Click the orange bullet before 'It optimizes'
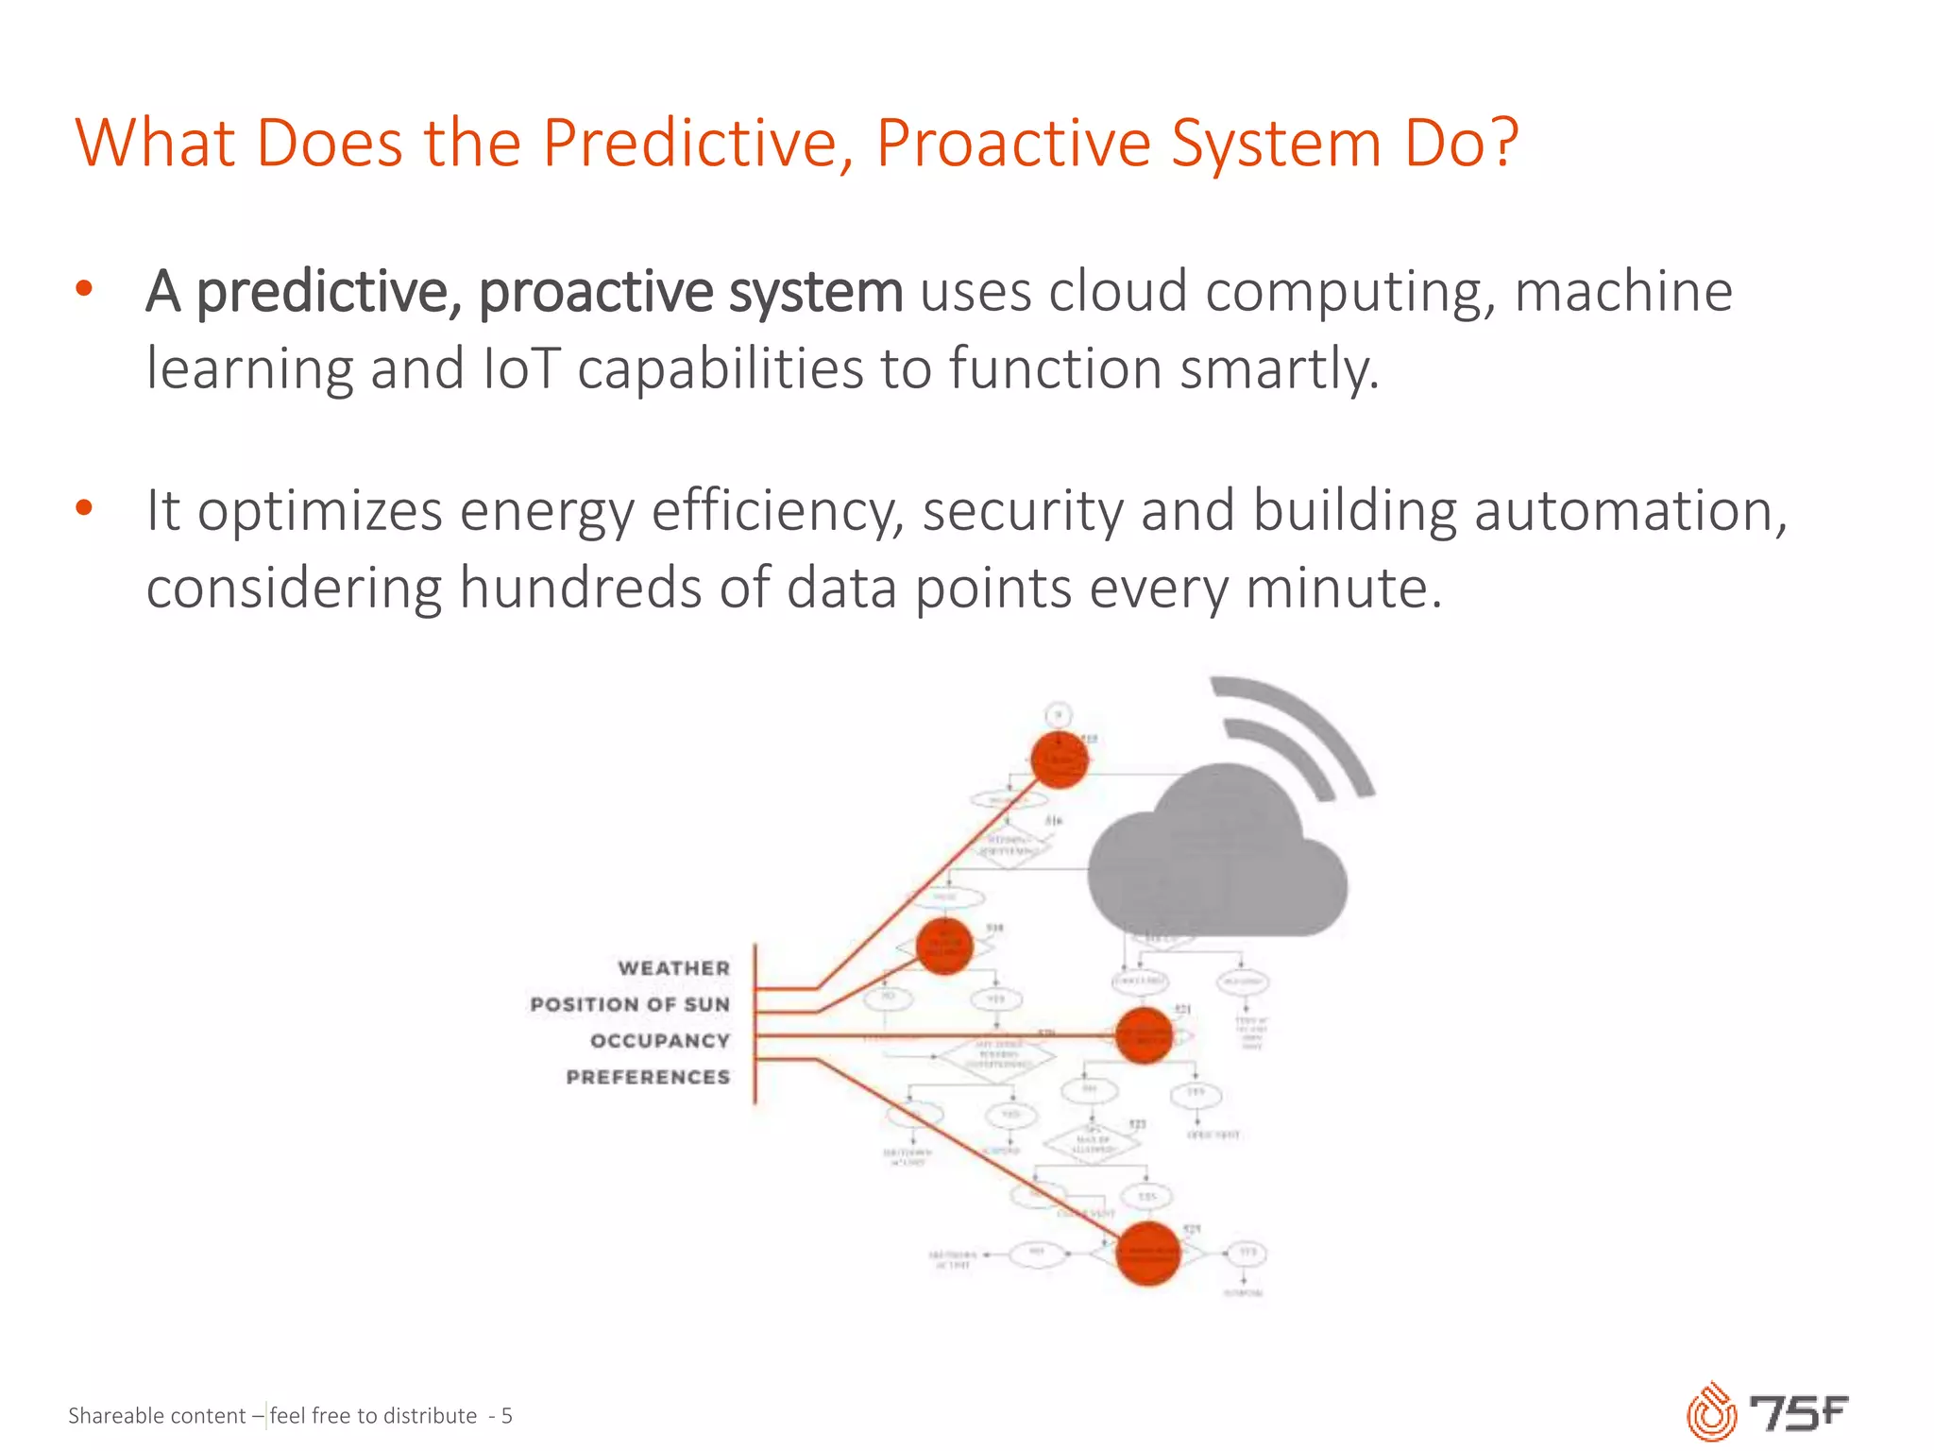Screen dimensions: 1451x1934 coord(84,508)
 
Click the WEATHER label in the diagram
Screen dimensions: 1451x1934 coord(673,968)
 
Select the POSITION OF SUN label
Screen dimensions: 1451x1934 coord(630,1004)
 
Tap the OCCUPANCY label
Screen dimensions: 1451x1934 coord(659,1041)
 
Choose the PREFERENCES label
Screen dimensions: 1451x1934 coord(648,1077)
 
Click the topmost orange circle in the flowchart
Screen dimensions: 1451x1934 coord(1060,760)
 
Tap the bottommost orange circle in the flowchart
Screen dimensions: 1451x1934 coord(1147,1254)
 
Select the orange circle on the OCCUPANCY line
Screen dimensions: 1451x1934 coord(1144,1035)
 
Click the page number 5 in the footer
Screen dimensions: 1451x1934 coord(506,1415)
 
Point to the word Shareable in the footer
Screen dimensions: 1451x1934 coord(113,1415)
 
